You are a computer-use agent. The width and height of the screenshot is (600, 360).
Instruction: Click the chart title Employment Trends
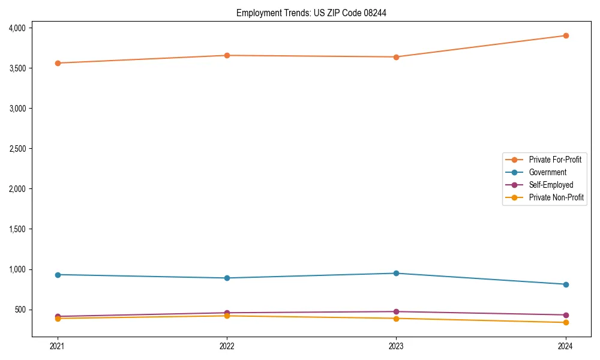(311, 13)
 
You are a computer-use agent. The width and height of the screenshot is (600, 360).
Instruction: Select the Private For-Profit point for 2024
(566, 35)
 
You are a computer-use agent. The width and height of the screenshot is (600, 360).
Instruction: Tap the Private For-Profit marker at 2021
(58, 63)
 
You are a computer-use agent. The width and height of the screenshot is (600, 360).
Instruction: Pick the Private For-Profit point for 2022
(227, 55)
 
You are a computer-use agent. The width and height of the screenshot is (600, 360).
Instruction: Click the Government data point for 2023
(397, 273)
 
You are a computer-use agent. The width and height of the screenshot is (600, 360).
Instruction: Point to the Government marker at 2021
(58, 275)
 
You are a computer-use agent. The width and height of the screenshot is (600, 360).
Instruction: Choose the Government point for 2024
(566, 284)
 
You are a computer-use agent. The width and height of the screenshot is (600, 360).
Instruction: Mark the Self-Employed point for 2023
(397, 311)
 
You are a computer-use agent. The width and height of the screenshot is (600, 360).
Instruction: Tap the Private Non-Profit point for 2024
(566, 323)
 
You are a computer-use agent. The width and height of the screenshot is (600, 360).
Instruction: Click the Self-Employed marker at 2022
(227, 313)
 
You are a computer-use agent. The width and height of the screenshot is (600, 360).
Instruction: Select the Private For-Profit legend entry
(555, 160)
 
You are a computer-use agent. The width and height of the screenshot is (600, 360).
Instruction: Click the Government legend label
(547, 172)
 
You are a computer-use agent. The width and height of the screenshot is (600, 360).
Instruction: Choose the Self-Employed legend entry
(551, 185)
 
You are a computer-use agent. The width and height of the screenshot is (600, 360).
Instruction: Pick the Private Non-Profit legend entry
(556, 197)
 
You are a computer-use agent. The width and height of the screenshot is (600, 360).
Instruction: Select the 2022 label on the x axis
(227, 346)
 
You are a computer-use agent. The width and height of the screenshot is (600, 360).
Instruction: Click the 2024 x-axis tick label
(566, 346)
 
